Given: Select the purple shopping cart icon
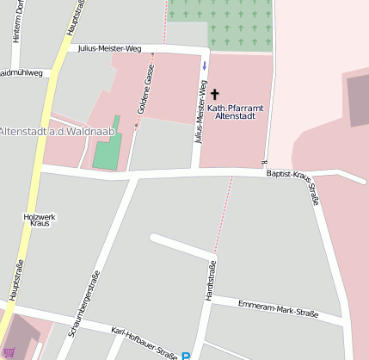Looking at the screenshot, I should tap(9, 352).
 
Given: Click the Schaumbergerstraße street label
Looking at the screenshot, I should tap(83, 301).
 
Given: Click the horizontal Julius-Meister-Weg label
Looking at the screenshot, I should tap(109, 49).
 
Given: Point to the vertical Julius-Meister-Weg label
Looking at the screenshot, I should tap(201, 111).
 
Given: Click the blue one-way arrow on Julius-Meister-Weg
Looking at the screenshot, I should tap(204, 65).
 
